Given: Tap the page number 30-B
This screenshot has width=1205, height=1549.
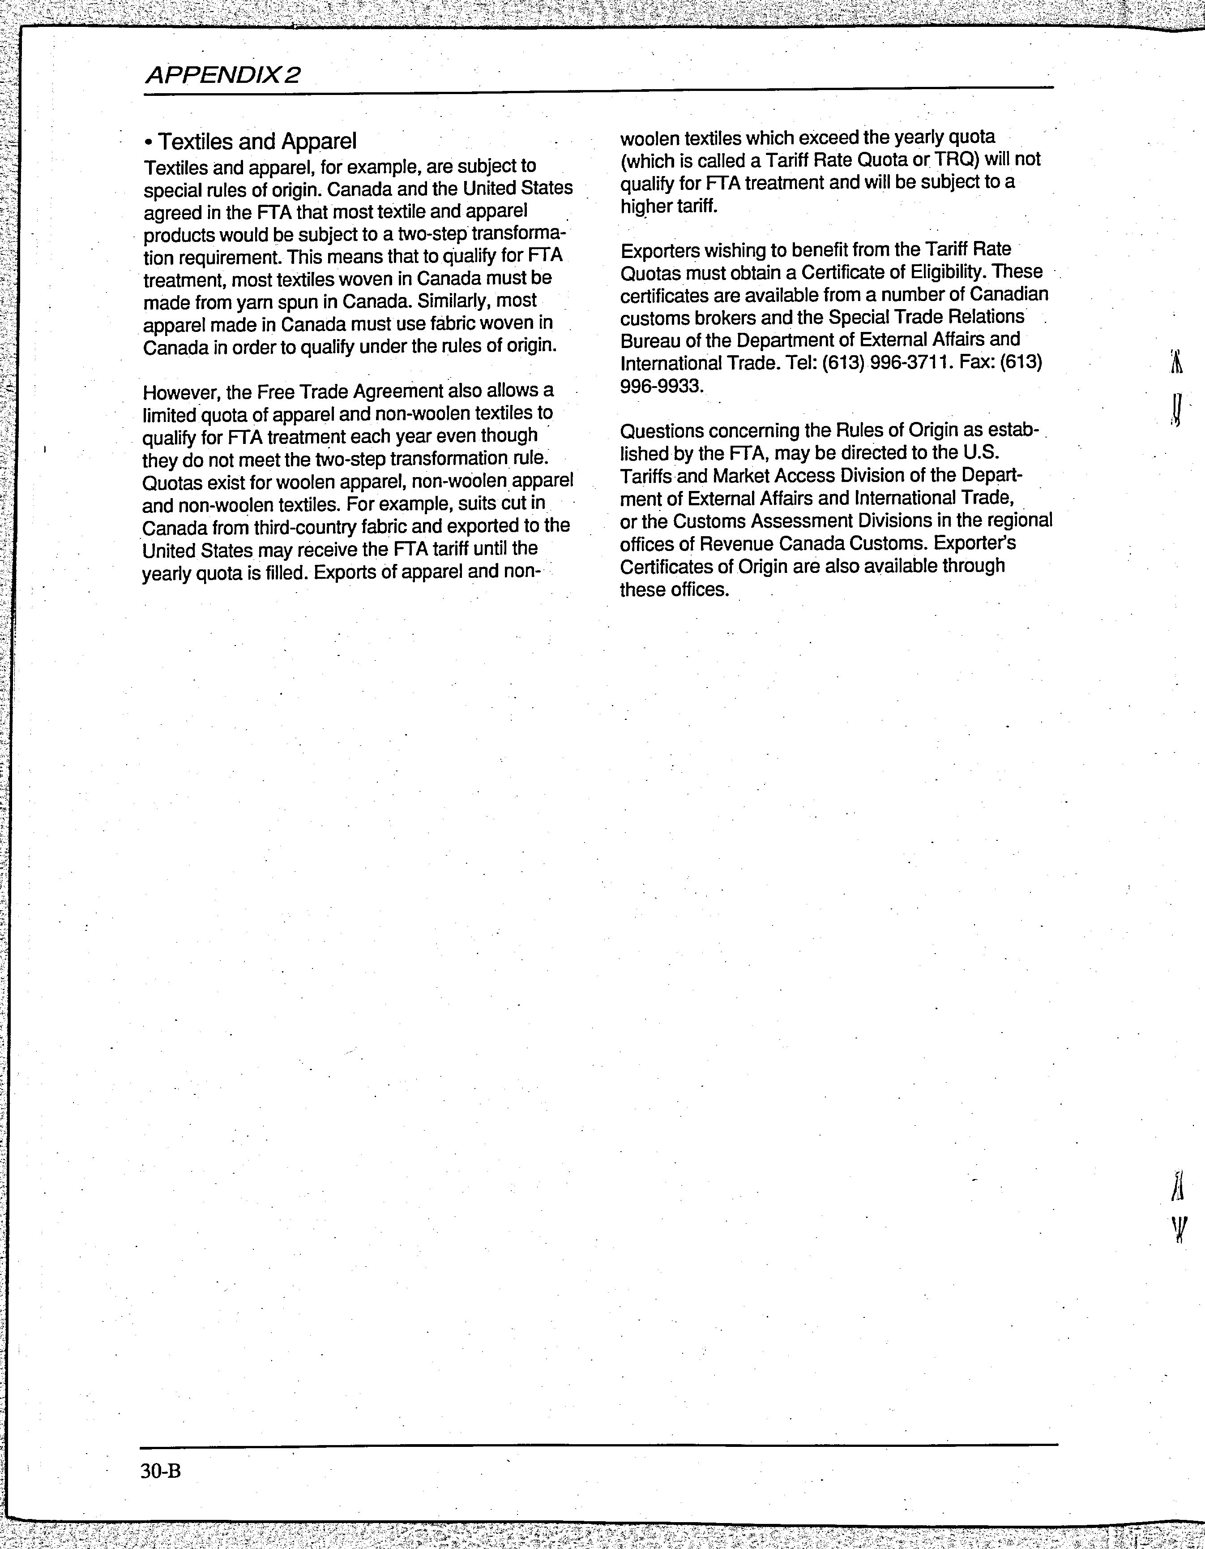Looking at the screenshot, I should point(161,1472).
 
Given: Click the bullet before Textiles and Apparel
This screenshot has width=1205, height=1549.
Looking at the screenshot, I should point(149,142).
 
